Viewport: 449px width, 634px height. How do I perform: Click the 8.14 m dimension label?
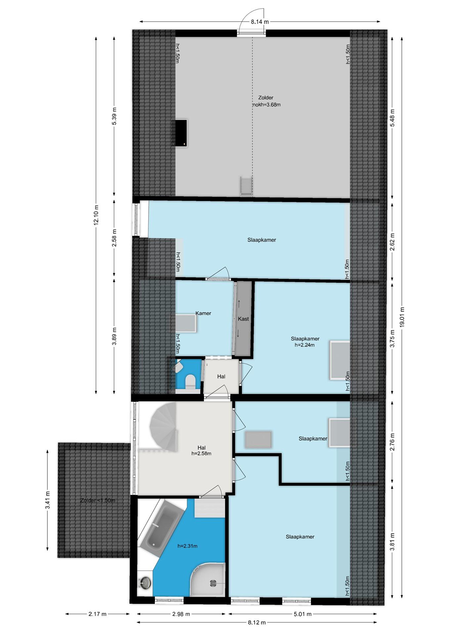[260, 22]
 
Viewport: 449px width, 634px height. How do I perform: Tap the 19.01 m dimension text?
[402, 317]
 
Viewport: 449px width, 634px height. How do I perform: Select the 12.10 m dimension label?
[96, 215]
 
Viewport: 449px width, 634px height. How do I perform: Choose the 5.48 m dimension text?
[392, 118]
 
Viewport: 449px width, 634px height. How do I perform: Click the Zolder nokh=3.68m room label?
[266, 101]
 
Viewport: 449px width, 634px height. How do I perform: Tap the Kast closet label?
[243, 319]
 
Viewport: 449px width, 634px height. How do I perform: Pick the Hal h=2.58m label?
[201, 450]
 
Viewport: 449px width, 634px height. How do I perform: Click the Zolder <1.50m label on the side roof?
[98, 500]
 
